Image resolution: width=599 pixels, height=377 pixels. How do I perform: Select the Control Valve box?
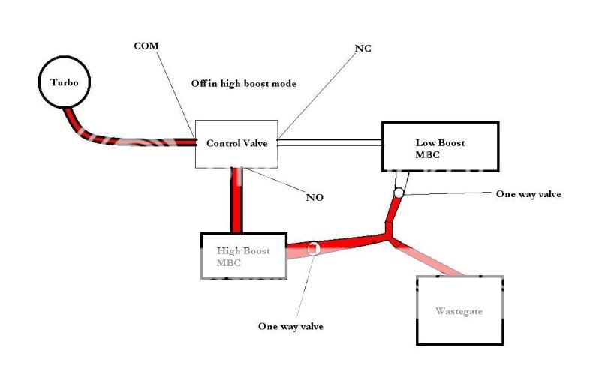pyautogui.click(x=236, y=144)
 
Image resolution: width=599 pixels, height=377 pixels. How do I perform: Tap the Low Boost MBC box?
pyautogui.click(x=441, y=147)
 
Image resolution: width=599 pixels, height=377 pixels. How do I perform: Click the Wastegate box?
pyautogui.click(x=459, y=310)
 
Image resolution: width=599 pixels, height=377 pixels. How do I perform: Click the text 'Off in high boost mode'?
pyautogui.click(x=242, y=84)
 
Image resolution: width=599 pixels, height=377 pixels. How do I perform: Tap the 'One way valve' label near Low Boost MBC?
pyautogui.click(x=528, y=194)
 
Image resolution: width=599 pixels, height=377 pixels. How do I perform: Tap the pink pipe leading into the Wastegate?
pyautogui.click(x=435, y=259)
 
